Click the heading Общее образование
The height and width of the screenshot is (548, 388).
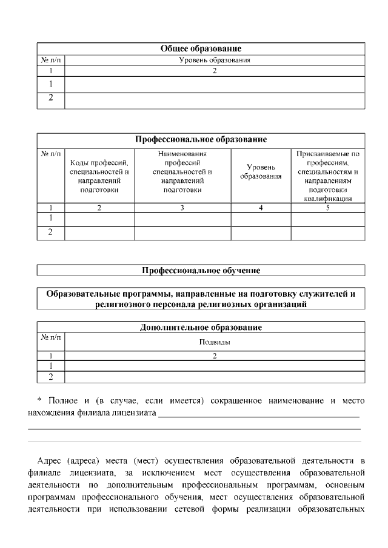pos(201,48)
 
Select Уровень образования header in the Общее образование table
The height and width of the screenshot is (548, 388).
pos(215,60)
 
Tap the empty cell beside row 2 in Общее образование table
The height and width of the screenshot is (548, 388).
pos(215,100)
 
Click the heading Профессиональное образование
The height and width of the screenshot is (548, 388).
pos(201,139)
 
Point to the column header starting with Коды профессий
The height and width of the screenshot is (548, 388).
pos(99,176)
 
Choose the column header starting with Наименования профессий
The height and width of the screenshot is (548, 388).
pos(182,171)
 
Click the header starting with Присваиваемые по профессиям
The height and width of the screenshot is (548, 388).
pos(328,176)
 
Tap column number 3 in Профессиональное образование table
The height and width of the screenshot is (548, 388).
pos(182,208)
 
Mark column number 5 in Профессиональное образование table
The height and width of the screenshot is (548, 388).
pos(328,208)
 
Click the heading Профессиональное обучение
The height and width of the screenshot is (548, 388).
pos(201,270)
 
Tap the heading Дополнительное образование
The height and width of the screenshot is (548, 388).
pos(201,328)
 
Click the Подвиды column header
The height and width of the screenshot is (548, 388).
pos(215,342)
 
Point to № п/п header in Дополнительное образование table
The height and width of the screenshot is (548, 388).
pos(50,337)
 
